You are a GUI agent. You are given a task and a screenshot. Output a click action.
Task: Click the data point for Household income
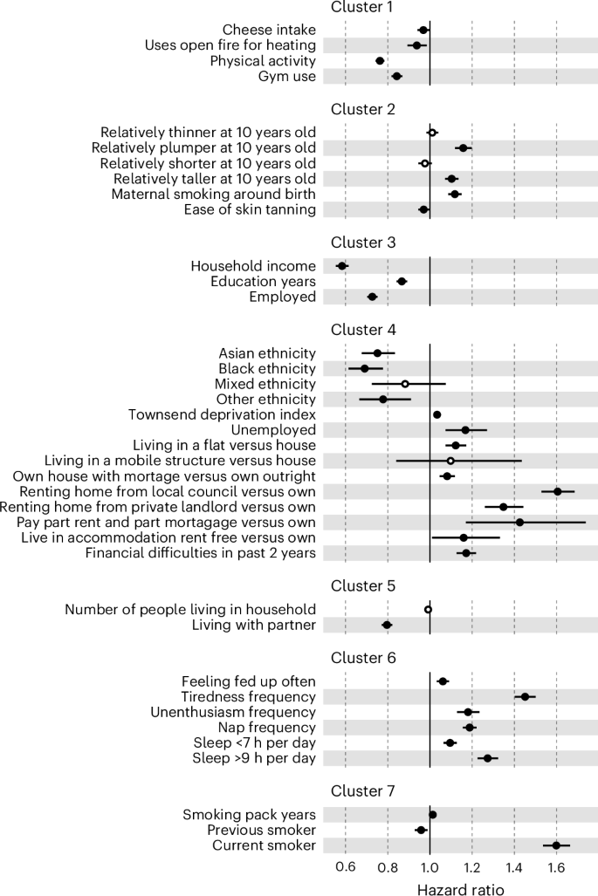click(x=341, y=266)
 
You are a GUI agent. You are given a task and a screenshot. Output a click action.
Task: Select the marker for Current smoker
click(x=556, y=845)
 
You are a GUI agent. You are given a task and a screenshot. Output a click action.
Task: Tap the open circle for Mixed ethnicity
click(x=405, y=384)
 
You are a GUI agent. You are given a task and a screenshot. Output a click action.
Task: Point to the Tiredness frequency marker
click(x=525, y=696)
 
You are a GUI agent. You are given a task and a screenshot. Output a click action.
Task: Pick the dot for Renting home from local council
click(x=558, y=491)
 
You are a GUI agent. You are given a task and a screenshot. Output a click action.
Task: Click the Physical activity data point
click(x=380, y=61)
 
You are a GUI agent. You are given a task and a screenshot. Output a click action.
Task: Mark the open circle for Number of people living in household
click(x=428, y=610)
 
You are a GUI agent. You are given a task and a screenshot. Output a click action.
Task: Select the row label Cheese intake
click(x=270, y=30)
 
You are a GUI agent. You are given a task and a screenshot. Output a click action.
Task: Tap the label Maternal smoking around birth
click(x=213, y=194)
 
